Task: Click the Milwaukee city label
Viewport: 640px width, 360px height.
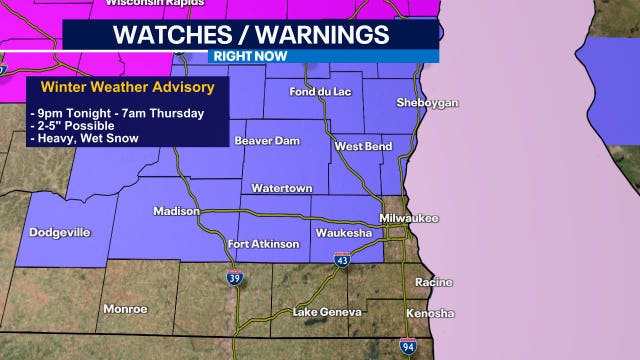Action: coord(410,218)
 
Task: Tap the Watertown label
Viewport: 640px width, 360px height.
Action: coord(282,188)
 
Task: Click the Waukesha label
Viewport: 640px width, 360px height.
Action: coord(344,233)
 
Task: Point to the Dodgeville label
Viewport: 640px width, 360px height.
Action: coord(60,232)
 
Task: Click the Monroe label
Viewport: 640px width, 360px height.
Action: coord(125,309)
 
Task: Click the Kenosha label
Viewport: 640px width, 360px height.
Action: coord(430,313)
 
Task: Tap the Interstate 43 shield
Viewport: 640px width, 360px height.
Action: coord(342,260)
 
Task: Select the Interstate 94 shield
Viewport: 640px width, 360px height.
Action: coord(409,347)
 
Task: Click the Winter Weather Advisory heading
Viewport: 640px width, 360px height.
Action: coord(127,87)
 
